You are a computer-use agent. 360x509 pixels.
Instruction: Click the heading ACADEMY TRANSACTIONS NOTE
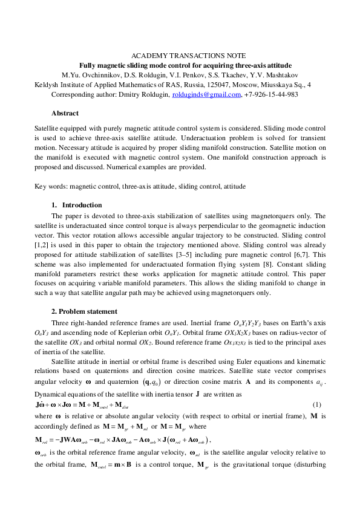click(179, 56)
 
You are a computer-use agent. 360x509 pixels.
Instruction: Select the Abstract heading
click(65, 113)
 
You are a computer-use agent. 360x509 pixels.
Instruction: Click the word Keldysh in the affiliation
click(47, 85)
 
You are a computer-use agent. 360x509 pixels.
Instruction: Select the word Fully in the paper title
click(89, 65)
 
